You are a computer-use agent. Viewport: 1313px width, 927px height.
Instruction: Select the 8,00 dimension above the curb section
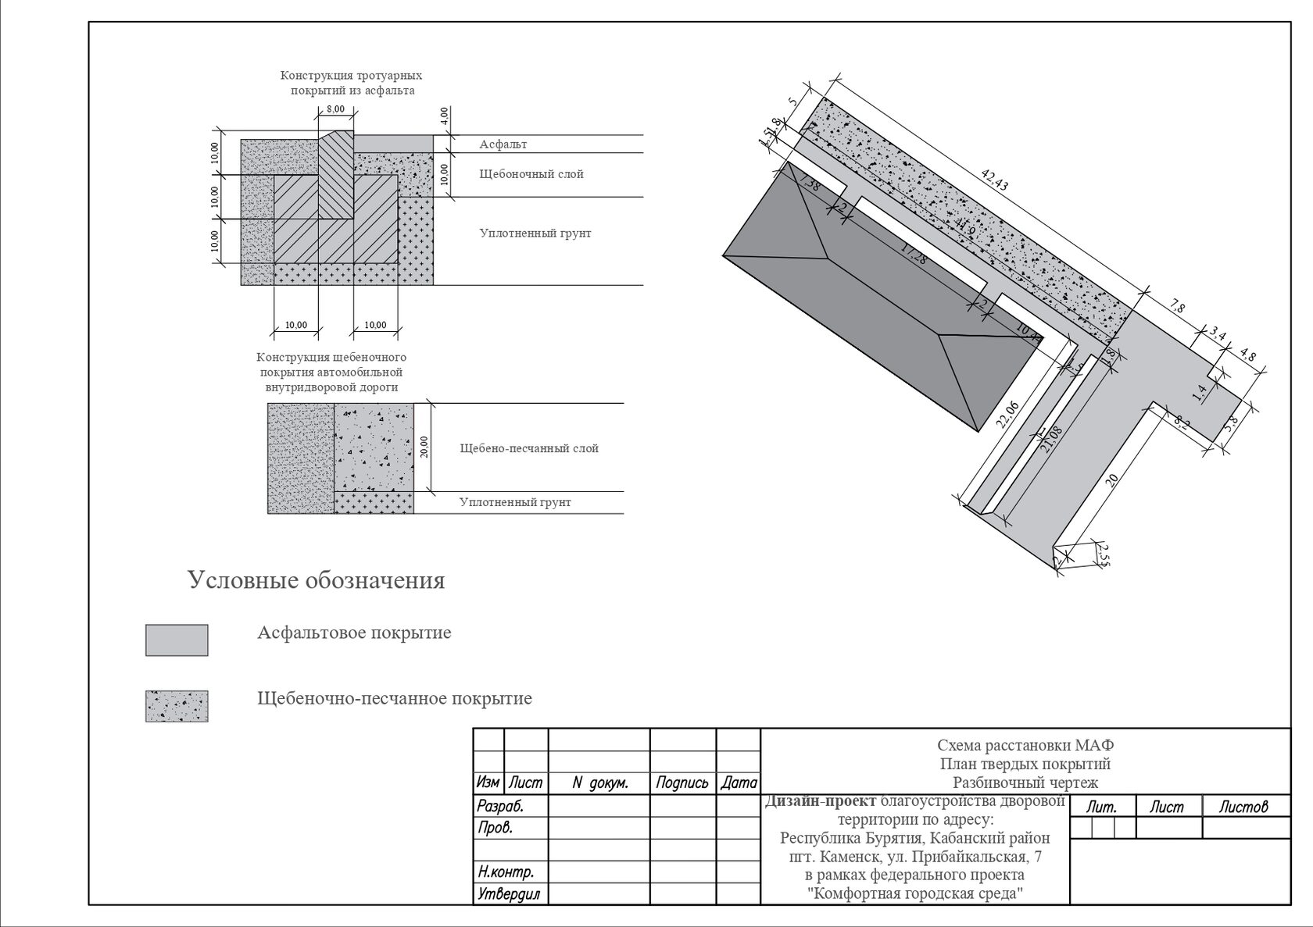click(x=335, y=109)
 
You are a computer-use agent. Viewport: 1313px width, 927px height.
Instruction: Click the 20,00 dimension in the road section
click(x=424, y=447)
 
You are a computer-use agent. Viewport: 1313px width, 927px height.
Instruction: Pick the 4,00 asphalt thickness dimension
click(x=444, y=116)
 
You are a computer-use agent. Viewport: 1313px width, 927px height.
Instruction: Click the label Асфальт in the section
click(x=503, y=144)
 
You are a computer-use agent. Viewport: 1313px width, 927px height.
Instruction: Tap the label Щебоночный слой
click(x=531, y=174)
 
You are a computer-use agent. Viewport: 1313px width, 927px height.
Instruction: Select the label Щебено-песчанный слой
click(x=529, y=448)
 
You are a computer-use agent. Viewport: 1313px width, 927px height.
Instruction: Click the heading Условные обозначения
click(x=316, y=581)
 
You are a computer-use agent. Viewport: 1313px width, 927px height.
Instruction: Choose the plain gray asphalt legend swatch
click(x=177, y=640)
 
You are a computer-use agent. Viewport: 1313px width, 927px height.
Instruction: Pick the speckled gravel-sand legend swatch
click(x=177, y=706)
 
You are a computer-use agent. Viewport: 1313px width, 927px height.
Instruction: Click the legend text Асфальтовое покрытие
click(x=354, y=633)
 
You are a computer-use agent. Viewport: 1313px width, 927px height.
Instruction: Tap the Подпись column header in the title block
click(x=682, y=783)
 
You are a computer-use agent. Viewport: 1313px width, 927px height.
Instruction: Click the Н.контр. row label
click(x=505, y=872)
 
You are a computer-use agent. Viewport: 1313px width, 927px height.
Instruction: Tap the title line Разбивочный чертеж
click(x=1025, y=783)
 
